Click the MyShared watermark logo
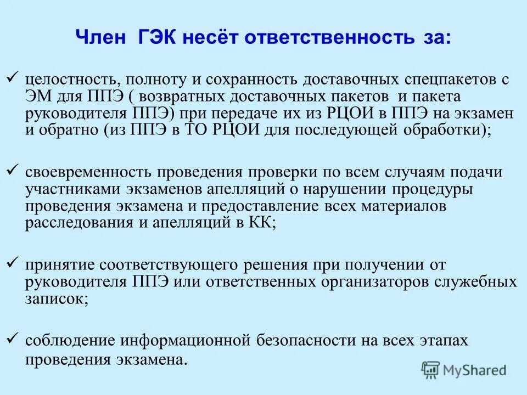[464, 370]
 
